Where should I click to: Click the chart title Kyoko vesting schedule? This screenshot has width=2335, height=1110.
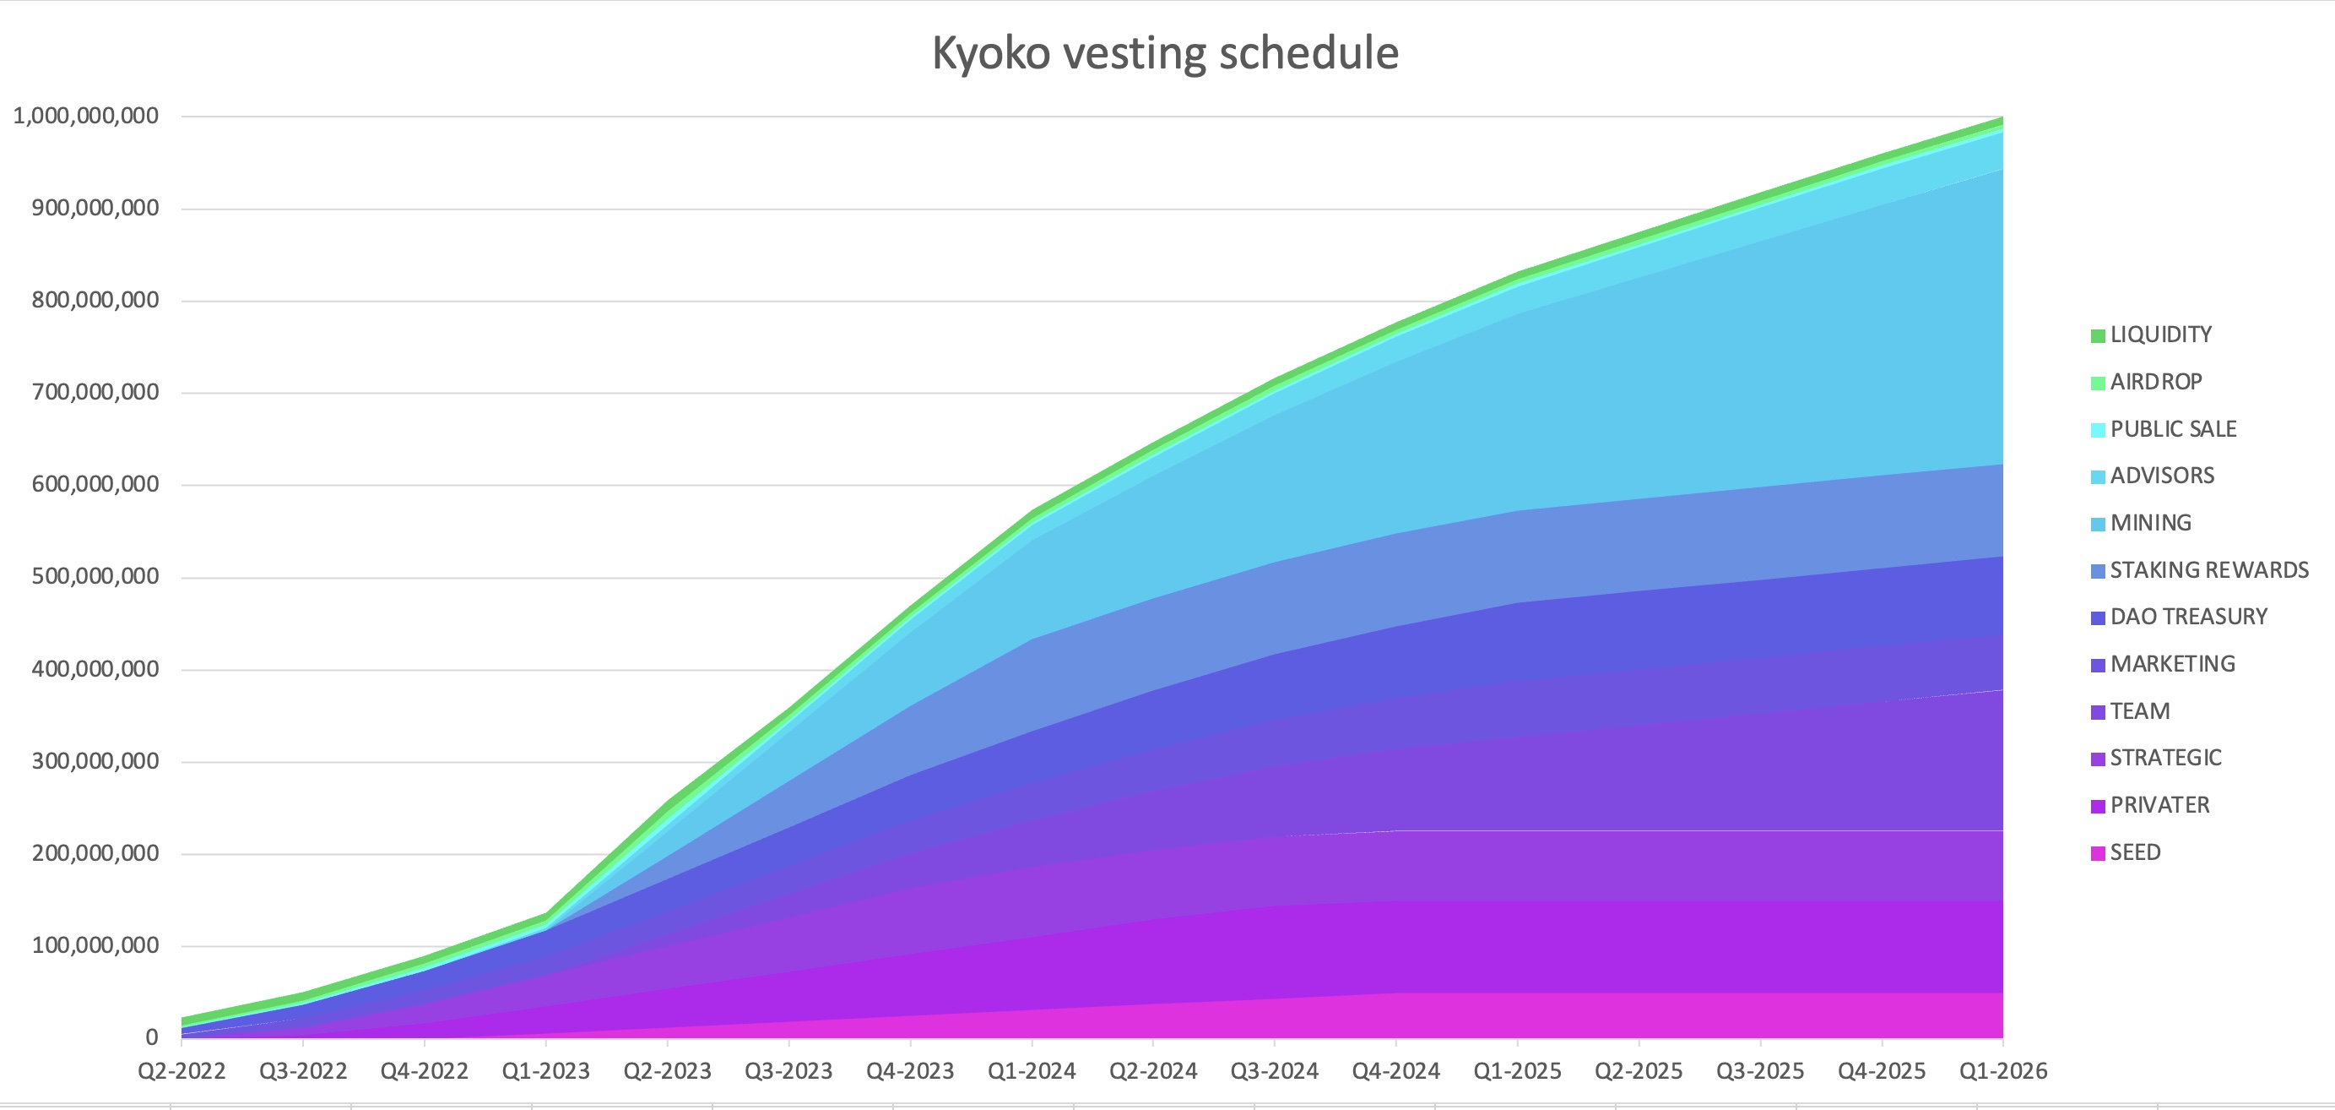(x=1165, y=53)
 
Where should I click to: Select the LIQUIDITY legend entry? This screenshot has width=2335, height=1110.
(x=2160, y=335)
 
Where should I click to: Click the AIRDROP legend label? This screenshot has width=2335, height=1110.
(x=2155, y=382)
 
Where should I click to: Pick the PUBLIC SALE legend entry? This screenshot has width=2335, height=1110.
(x=2173, y=429)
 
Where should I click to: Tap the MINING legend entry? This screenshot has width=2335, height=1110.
(x=2150, y=523)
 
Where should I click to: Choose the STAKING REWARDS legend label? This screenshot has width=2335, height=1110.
(x=2209, y=570)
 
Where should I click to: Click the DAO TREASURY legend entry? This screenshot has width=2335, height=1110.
(x=2188, y=618)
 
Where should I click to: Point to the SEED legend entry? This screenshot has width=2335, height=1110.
(x=2135, y=852)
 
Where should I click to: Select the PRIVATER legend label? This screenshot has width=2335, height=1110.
(x=2159, y=805)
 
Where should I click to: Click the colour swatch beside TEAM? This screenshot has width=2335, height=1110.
(x=2098, y=713)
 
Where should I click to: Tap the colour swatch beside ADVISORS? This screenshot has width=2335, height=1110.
(x=2098, y=477)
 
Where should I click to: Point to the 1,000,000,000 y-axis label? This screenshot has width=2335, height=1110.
(x=85, y=116)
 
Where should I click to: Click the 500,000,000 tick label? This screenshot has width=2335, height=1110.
(x=95, y=577)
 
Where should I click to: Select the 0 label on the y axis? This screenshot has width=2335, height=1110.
(x=151, y=1037)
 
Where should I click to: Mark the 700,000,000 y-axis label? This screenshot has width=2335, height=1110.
(x=95, y=393)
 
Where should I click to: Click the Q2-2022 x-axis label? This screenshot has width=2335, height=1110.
(x=181, y=1072)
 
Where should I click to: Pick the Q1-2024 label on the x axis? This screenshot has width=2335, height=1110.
(x=1032, y=1072)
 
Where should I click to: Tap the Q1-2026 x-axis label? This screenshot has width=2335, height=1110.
(x=2002, y=1072)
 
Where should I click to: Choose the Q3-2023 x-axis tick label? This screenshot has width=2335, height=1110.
(x=788, y=1072)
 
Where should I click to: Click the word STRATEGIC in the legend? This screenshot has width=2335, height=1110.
(x=2165, y=758)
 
